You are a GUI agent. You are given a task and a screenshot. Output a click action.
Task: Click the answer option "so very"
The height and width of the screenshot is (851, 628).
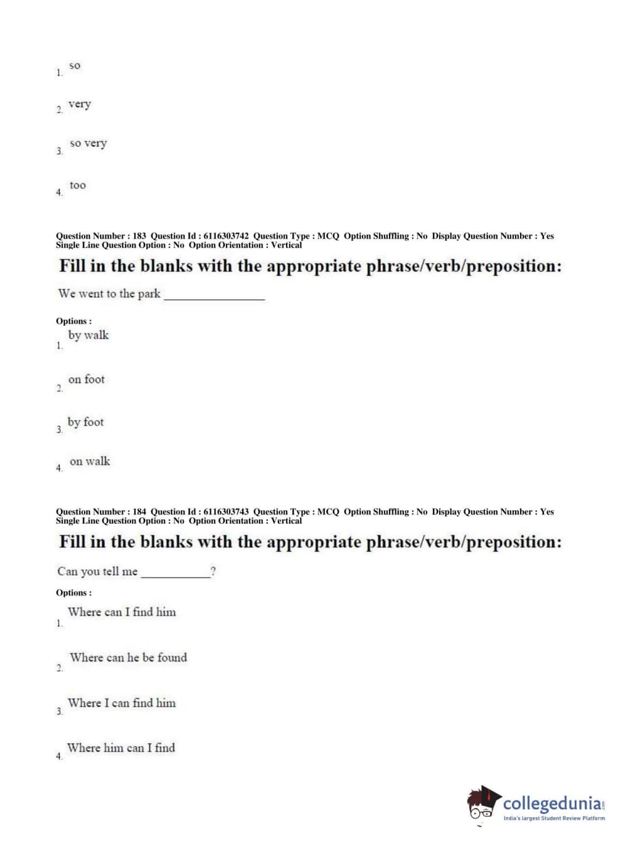click(x=88, y=144)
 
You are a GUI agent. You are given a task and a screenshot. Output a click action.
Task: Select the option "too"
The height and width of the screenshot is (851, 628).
click(x=78, y=185)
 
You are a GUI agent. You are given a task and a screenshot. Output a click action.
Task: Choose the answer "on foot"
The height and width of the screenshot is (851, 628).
click(x=87, y=379)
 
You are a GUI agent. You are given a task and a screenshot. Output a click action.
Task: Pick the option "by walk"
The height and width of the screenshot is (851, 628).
click(x=88, y=335)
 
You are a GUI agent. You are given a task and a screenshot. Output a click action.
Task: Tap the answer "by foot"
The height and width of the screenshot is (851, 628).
click(x=86, y=422)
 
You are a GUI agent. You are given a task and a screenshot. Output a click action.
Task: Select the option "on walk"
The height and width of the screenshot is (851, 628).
click(x=90, y=461)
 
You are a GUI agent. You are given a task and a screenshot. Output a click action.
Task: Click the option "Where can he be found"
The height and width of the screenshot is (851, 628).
click(x=128, y=658)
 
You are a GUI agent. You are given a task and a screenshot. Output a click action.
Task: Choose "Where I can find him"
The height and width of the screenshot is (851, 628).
click(x=122, y=703)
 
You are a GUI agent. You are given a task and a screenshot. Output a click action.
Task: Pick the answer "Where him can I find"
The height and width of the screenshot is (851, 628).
click(x=121, y=747)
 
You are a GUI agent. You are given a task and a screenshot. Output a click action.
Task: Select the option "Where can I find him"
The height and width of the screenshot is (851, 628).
click(x=122, y=612)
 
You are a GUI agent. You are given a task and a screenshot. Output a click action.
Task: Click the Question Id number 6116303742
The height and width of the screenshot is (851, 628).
click(x=226, y=236)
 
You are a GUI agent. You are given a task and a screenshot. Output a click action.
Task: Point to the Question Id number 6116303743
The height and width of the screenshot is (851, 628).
click(x=226, y=511)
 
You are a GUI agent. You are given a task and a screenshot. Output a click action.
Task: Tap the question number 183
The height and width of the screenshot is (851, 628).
click(x=139, y=236)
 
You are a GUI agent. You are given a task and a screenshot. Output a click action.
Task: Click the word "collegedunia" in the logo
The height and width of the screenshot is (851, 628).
click(x=552, y=803)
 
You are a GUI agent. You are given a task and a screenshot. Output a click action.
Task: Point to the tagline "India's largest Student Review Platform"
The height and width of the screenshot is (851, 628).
click(x=554, y=818)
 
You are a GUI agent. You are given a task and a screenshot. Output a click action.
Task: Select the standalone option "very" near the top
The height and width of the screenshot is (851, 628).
click(x=80, y=104)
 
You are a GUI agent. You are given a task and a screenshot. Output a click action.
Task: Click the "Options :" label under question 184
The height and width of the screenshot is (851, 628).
click(x=73, y=592)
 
